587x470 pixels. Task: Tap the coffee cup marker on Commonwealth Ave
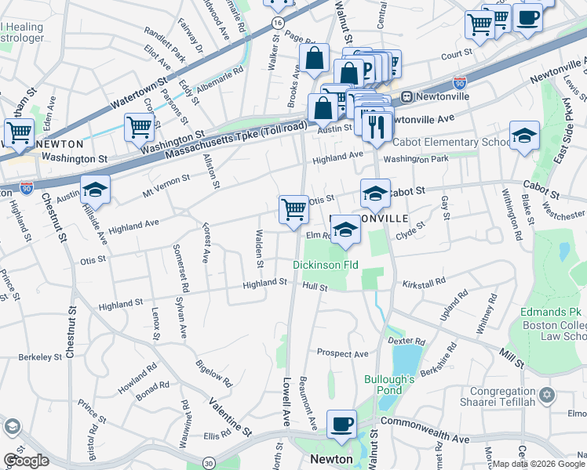tap(341, 425)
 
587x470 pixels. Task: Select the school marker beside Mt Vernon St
tap(95, 190)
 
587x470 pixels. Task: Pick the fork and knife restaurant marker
tap(377, 125)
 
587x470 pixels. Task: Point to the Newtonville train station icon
tap(407, 97)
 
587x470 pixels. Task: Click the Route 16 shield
tap(279, 23)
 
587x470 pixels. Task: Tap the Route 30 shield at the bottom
tap(210, 463)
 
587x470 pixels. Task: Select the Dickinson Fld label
tap(325, 266)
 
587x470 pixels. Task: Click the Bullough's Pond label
tap(389, 385)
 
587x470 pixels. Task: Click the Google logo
tap(26, 460)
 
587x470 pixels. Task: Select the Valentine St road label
tap(230, 418)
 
